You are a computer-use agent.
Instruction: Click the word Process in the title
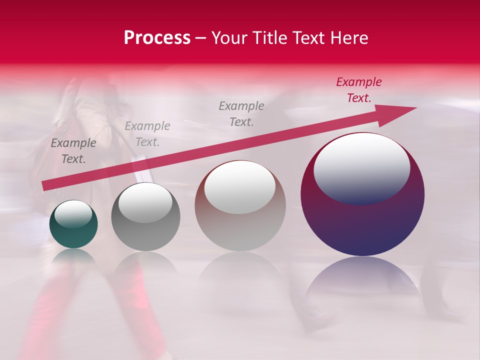(x=157, y=38)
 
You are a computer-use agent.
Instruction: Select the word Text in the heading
(x=309, y=38)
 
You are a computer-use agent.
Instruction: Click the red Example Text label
(x=358, y=90)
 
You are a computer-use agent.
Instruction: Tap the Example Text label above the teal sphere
(x=73, y=151)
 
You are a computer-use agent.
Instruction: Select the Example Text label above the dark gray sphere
(x=147, y=134)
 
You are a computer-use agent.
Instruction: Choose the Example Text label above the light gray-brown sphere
(x=241, y=113)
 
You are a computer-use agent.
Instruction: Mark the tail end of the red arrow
(x=45, y=186)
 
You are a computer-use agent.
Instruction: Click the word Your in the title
(x=230, y=38)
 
